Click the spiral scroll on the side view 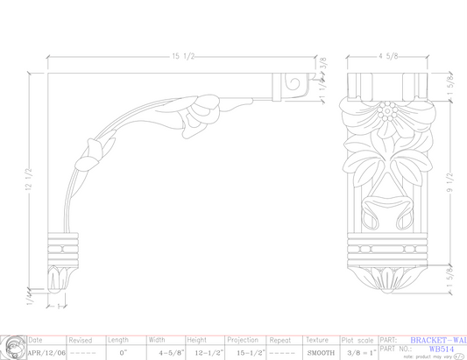pyautogui.click(x=293, y=88)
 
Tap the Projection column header pyautogui.click(x=243, y=340)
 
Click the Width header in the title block pyautogui.click(x=157, y=340)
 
